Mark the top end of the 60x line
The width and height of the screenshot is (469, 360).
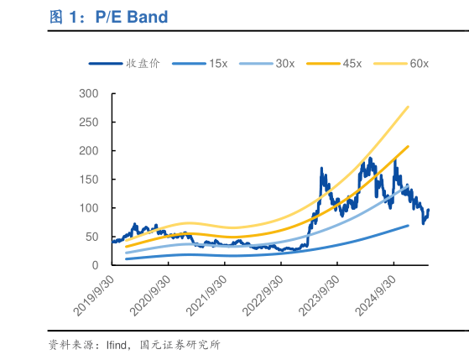point(409,107)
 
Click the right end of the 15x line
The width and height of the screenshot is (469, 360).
point(409,225)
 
